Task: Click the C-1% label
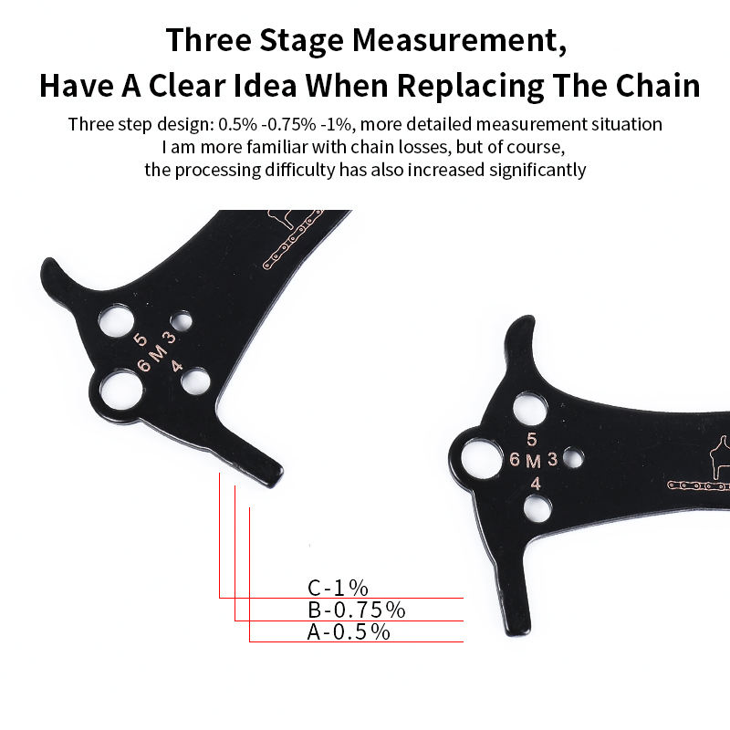pos(338,588)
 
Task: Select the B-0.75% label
pos(356,610)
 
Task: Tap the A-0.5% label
pos(349,631)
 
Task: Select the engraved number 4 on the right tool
pos(535,485)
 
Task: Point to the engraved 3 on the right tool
pos(552,459)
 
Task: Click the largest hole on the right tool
pos(480,458)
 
